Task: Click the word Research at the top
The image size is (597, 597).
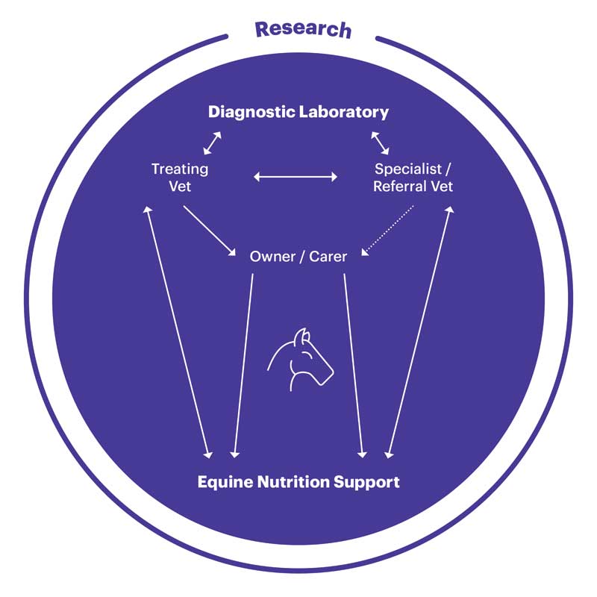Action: pos(304,30)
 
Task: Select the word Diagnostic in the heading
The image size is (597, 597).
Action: pos(251,113)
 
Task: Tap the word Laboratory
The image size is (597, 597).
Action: pos(344,113)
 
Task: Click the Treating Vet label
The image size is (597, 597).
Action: pos(180,178)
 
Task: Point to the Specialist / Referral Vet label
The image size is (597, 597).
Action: pos(413,178)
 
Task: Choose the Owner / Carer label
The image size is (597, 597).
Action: pos(298,257)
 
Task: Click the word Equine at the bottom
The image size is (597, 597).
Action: pos(225,482)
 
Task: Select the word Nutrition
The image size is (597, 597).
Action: pos(293,481)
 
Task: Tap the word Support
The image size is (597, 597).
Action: pos(366,482)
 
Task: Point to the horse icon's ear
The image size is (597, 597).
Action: pos(303,336)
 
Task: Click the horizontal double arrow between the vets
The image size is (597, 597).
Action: pos(296,177)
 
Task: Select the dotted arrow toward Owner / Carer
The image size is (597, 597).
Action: pos(387,231)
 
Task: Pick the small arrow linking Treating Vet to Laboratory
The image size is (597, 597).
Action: pos(212,143)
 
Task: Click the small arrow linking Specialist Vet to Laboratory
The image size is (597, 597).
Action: pos(380,143)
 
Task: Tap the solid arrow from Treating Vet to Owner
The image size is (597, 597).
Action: pos(210,231)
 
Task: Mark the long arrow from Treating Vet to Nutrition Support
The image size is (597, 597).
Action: pos(178,332)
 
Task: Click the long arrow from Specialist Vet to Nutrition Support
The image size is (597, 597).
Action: pos(419,332)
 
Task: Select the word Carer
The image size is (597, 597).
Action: pos(328,257)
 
